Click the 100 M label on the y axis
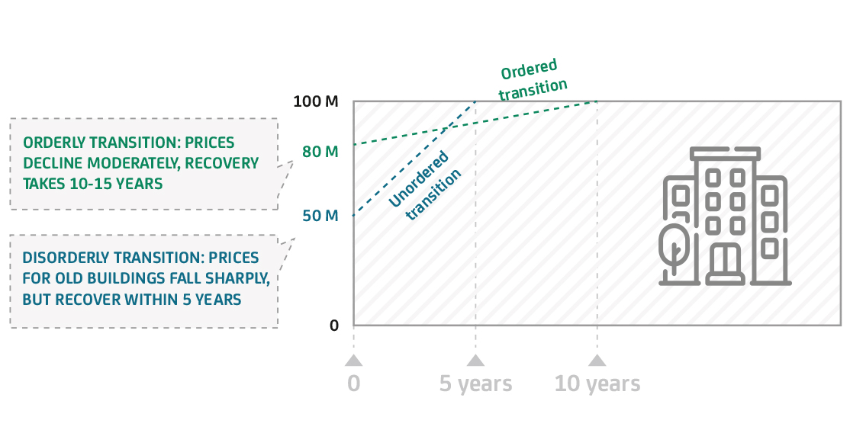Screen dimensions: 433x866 [x=315, y=102]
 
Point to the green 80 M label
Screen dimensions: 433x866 [x=320, y=152]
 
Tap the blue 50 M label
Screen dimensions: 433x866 [x=320, y=216]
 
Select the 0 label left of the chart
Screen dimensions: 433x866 [x=333, y=326]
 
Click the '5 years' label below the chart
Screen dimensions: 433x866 [x=475, y=383]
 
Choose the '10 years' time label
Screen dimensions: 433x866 [x=597, y=383]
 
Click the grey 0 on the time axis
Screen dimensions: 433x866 [x=353, y=383]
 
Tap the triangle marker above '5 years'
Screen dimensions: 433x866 [x=475, y=361]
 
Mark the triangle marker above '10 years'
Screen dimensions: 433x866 [x=597, y=361]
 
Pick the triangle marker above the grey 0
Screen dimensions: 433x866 [x=353, y=361]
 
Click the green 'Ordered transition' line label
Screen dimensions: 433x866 [x=533, y=80]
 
